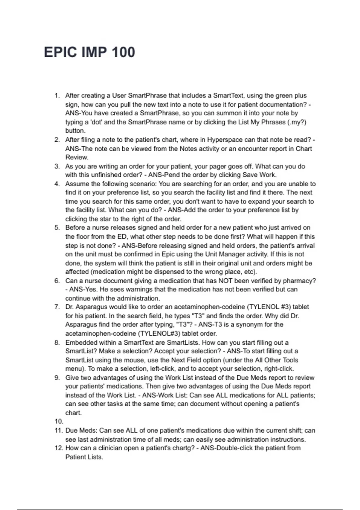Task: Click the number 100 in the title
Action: (123, 52)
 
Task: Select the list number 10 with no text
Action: (59, 421)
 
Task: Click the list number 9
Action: (57, 378)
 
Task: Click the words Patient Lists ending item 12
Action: (84, 457)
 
